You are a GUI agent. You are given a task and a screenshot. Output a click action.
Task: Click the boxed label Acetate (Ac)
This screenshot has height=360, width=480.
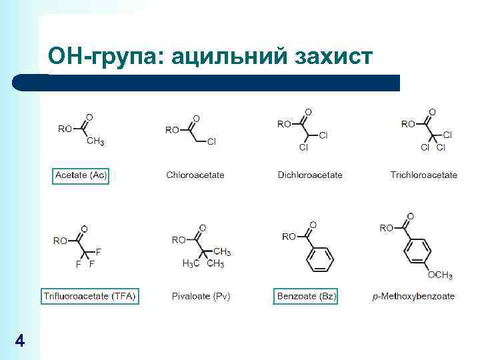[x=81, y=175]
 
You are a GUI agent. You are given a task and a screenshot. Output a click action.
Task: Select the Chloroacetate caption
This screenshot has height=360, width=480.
[x=195, y=175]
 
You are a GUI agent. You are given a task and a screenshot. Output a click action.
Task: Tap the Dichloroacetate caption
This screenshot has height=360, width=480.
[x=310, y=175]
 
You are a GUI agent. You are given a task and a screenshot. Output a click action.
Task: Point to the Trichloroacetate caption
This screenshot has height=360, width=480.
[x=423, y=175]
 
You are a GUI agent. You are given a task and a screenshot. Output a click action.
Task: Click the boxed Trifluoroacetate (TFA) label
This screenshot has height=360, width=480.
[x=89, y=296]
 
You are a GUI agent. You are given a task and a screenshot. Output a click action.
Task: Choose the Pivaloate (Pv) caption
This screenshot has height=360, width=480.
[x=201, y=296]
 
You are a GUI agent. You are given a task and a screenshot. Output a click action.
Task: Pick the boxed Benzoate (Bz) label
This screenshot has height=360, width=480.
[x=306, y=296]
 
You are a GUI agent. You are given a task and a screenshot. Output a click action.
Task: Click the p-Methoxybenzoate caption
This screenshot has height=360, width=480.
[x=413, y=296]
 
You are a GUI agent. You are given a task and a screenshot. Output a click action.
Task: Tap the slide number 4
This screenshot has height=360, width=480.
[x=19, y=341]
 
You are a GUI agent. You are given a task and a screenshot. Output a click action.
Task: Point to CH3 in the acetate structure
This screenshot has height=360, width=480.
[x=95, y=141]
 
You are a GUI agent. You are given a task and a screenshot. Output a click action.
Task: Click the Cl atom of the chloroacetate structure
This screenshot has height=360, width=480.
[x=211, y=141]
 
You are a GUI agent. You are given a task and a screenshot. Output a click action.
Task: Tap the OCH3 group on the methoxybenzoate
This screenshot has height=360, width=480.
[x=440, y=275]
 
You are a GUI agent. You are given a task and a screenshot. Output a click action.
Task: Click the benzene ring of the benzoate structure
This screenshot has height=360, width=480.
[x=321, y=258]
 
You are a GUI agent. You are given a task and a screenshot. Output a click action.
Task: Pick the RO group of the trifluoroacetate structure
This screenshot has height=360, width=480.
[x=61, y=241]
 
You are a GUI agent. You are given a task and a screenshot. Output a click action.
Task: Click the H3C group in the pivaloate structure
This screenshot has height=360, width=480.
[x=191, y=264]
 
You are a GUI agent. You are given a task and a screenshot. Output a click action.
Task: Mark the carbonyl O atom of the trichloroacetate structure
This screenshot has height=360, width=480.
[x=432, y=111]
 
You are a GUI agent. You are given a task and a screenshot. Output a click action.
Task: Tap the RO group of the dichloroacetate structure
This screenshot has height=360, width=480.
[x=284, y=124]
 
